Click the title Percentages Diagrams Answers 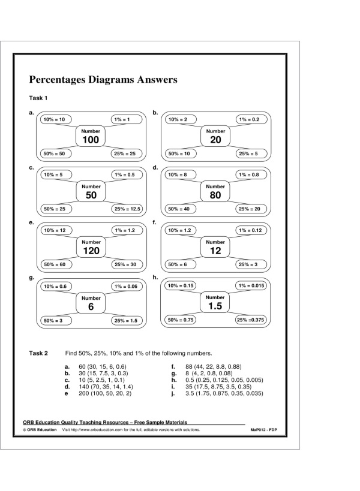tap(102, 79)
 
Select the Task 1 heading tap(38, 98)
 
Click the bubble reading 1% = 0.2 tap(249, 120)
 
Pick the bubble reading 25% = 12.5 tap(127, 209)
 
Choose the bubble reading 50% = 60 tap(53, 264)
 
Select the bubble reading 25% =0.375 tap(250, 320)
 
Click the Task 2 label tap(38, 354)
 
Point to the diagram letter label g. tap(31, 278)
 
